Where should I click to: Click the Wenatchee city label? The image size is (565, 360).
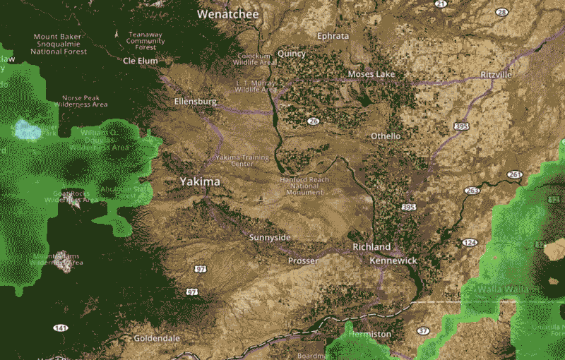[x=228, y=14]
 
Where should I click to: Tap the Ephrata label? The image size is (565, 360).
[x=333, y=36]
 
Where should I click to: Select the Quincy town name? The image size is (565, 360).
[x=292, y=54]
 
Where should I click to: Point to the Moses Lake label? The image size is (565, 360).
[x=371, y=74]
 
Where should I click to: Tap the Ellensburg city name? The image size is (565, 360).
[x=195, y=102]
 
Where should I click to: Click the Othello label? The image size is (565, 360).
[x=386, y=136]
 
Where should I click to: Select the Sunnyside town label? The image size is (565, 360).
[x=270, y=237]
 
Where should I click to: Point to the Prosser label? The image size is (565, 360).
[x=303, y=260]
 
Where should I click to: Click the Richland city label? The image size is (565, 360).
[x=371, y=247]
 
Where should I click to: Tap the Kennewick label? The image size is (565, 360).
[x=393, y=261]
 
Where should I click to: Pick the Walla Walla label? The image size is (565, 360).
[x=503, y=289]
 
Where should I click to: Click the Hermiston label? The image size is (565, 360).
[x=369, y=333]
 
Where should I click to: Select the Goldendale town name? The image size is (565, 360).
[x=157, y=338]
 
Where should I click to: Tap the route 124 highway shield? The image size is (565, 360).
[x=470, y=243]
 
